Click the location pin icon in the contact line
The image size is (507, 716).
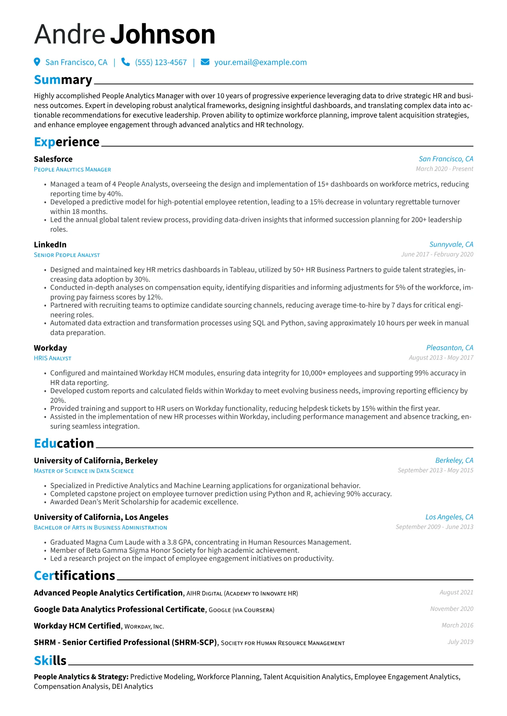tap(37, 62)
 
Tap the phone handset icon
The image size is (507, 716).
tap(125, 62)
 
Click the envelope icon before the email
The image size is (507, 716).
tap(205, 62)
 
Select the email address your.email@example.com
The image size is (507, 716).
tap(260, 62)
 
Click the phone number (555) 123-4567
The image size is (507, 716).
tap(161, 62)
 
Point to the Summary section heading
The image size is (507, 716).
tap(63, 80)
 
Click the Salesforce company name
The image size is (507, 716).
tap(53, 159)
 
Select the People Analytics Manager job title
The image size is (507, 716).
tap(72, 169)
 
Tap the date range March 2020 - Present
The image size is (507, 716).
tap(444, 169)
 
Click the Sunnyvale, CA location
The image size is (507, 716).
tap(451, 244)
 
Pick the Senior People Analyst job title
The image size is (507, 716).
tap(67, 255)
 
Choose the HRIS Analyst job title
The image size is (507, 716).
tap(52, 358)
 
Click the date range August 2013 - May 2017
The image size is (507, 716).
tap(441, 357)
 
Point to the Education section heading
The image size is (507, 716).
tap(64, 443)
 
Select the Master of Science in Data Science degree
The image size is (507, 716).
tap(84, 471)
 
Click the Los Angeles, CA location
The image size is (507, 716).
tap(449, 517)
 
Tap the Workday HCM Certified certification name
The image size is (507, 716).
tap(77, 626)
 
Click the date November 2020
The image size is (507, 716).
tap(452, 609)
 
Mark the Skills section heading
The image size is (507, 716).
tap(50, 660)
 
